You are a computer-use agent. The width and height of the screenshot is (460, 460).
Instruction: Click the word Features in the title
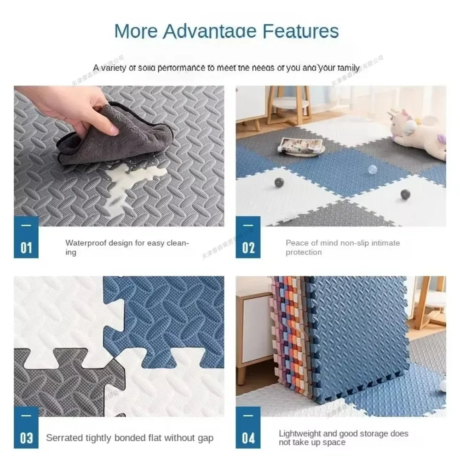(x=301, y=31)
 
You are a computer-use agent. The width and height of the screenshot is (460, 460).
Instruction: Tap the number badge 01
(x=26, y=247)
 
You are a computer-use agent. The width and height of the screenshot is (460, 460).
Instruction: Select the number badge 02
(x=248, y=247)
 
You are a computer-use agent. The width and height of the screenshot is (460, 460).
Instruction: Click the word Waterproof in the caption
(x=86, y=243)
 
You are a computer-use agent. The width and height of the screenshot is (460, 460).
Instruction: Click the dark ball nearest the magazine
(x=278, y=182)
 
